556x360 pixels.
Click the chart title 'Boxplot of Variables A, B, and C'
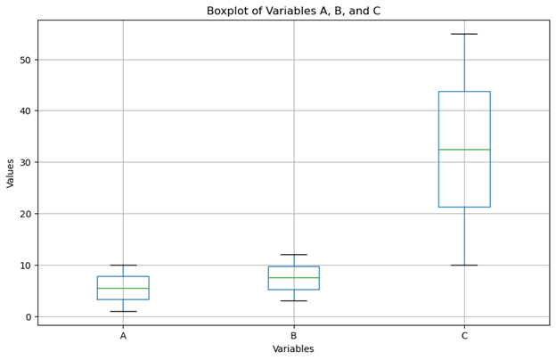pyautogui.click(x=293, y=11)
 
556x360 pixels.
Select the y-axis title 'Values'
pyautogui.click(x=11, y=173)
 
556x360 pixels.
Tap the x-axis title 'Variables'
pyautogui.click(x=293, y=349)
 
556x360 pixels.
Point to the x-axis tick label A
pyautogui.click(x=123, y=336)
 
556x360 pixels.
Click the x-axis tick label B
pyautogui.click(x=293, y=336)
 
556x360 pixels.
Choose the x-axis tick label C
pyautogui.click(x=464, y=336)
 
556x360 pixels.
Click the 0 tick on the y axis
pyautogui.click(x=28, y=317)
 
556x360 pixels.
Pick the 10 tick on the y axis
pyautogui.click(x=25, y=266)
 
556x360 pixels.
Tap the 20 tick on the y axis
pyautogui.click(x=25, y=214)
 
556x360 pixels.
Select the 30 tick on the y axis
pyautogui.click(x=25, y=162)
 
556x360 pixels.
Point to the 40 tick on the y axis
pyautogui.click(x=25, y=111)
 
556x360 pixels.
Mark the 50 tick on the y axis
pyautogui.click(x=25, y=60)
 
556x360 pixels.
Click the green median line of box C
pyautogui.click(x=464, y=150)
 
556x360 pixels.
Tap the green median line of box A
pyautogui.click(x=123, y=289)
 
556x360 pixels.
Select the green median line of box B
pyautogui.click(x=293, y=278)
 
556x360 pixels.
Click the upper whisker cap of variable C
pyautogui.click(x=464, y=34)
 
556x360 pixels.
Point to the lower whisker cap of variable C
pyautogui.click(x=464, y=265)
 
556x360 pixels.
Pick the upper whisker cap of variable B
pyautogui.click(x=293, y=255)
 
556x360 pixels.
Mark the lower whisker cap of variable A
pyautogui.click(x=123, y=311)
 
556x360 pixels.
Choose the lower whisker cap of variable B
pyautogui.click(x=293, y=301)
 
